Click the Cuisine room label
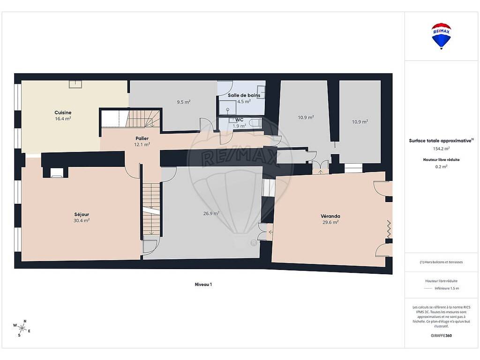point(63,112)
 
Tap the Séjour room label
point(82,215)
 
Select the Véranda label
point(330,216)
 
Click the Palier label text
point(142,139)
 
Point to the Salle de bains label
point(244,95)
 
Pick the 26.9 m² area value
point(211,213)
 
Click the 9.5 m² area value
point(184,102)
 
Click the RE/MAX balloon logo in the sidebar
point(441,36)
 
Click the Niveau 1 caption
point(203,285)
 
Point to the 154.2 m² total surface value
point(441,149)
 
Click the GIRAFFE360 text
point(441,336)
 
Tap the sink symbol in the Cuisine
point(75,84)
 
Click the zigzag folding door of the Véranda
point(389,229)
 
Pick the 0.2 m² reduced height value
point(441,167)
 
